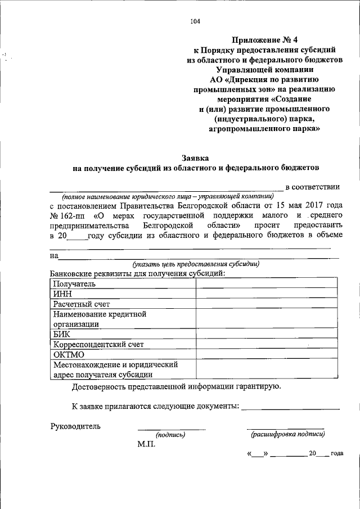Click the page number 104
point(195,22)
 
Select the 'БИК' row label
point(62,334)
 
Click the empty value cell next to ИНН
point(267,294)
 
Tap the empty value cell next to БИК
point(267,334)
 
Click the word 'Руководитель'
point(76,426)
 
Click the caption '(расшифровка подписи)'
point(287,434)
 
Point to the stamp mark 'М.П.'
point(147,444)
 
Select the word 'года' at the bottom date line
point(337,453)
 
